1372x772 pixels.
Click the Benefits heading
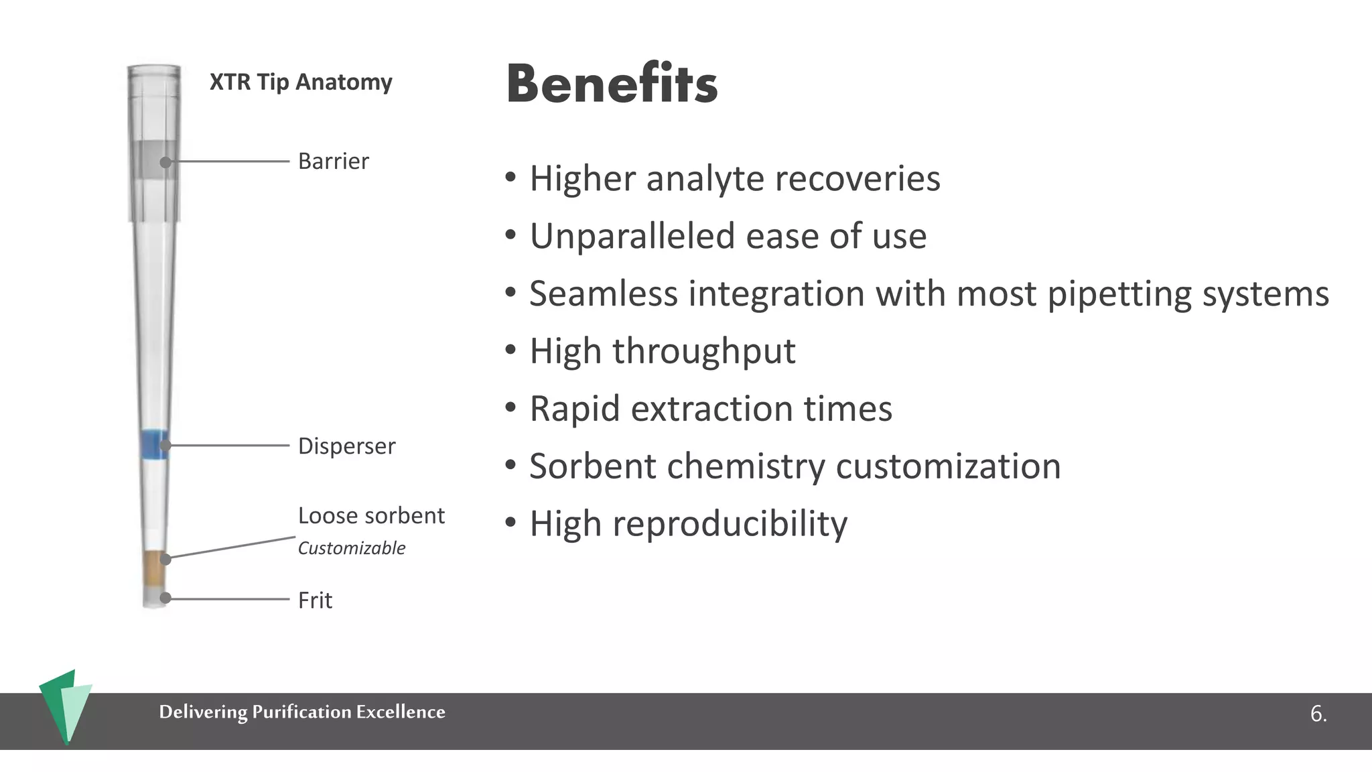coord(612,84)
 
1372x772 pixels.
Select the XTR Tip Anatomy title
coord(301,82)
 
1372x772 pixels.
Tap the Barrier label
coord(333,162)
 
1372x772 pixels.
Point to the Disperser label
coord(346,446)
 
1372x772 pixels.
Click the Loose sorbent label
coord(371,516)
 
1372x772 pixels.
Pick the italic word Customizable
coord(352,548)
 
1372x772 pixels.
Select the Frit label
coord(315,600)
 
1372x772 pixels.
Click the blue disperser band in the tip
coord(155,444)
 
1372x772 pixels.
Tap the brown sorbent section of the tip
coord(155,568)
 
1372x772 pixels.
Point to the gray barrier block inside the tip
coord(154,159)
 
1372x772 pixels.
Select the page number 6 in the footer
coord(1318,714)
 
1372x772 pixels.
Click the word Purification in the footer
coord(301,712)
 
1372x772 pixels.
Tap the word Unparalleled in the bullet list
coord(631,236)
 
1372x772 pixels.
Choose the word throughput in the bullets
coord(703,351)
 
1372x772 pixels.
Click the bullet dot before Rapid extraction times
coord(511,407)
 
